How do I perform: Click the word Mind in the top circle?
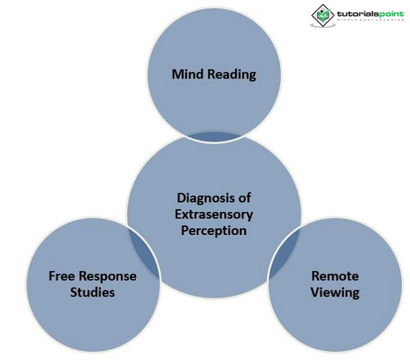click(187, 74)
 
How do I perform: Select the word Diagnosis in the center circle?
click(203, 198)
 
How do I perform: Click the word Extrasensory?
click(214, 214)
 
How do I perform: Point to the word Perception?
click(214, 231)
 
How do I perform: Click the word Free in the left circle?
click(61, 277)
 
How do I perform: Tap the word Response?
click(107, 277)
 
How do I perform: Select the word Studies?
click(92, 292)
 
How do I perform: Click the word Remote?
click(335, 277)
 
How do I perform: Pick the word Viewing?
click(335, 293)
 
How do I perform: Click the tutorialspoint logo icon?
click(323, 15)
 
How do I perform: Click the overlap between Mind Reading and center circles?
click(214, 136)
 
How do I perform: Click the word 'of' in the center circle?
click(244, 198)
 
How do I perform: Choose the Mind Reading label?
click(214, 74)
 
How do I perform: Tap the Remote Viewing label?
click(335, 285)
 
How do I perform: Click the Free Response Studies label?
click(92, 284)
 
